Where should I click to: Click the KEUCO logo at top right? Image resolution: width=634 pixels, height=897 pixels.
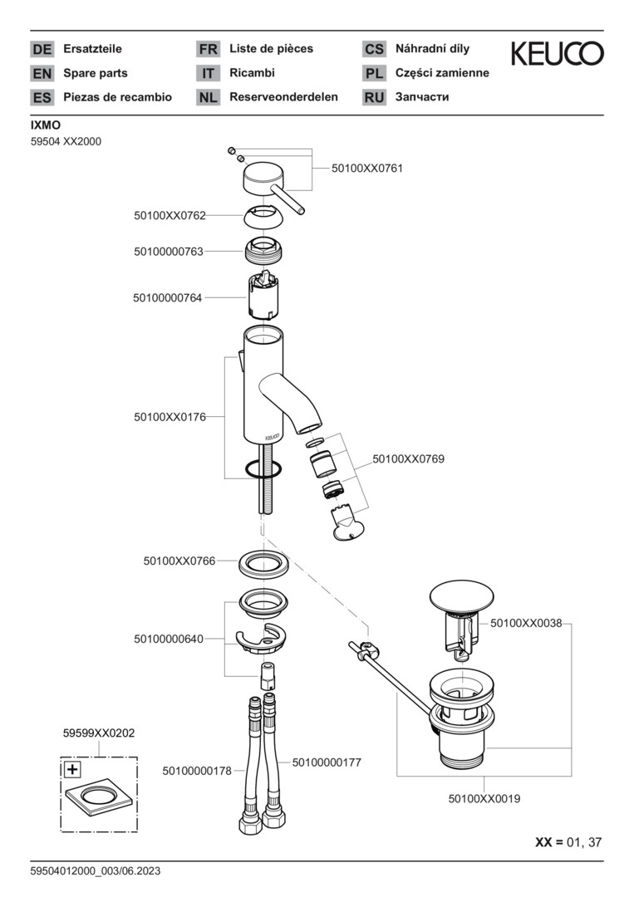point(557,54)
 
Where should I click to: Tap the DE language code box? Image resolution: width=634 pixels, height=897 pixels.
point(42,50)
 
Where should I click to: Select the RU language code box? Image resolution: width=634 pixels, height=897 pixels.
point(374,97)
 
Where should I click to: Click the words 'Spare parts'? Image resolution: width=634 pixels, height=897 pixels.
point(96,73)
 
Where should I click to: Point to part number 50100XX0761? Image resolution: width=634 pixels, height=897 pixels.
point(366,168)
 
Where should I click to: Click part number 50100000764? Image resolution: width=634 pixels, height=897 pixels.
point(167,297)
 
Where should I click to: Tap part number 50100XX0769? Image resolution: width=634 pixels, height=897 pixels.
point(408,458)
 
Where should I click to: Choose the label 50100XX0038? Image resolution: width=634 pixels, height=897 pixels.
point(526,622)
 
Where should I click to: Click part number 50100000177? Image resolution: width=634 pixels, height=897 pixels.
point(326,762)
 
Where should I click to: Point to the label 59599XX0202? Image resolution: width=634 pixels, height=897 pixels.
point(99,733)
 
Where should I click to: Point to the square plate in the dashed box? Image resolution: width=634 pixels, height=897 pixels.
point(99,798)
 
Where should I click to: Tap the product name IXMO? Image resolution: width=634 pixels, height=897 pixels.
point(46,125)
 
